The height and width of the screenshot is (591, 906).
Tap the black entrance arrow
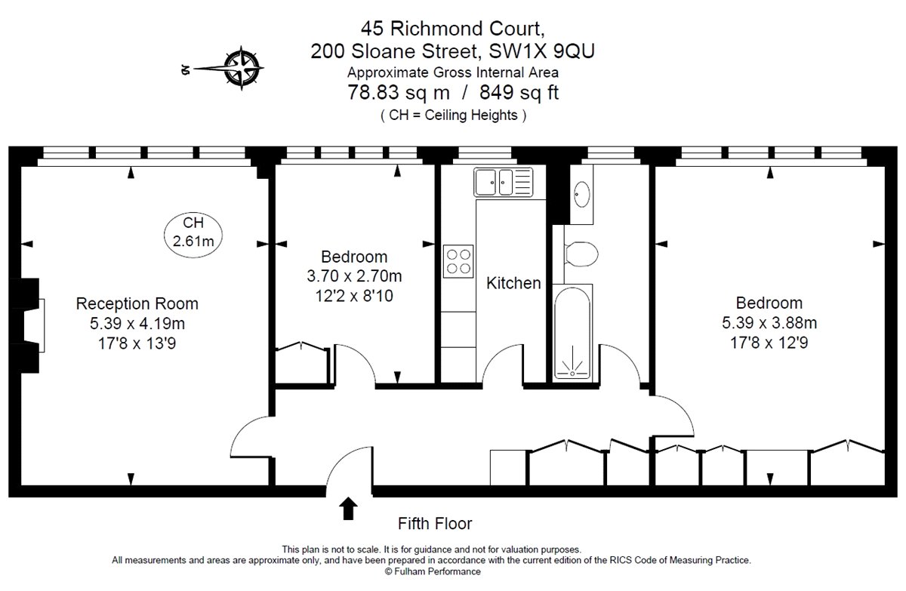point(348,509)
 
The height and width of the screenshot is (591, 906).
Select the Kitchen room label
point(513,284)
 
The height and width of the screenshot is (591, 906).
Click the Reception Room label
point(137,304)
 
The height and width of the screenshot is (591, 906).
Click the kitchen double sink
point(504,182)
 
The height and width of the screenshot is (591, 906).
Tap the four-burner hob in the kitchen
point(458,260)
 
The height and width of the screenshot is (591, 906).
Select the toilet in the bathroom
point(581,253)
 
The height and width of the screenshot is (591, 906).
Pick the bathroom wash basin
point(582,194)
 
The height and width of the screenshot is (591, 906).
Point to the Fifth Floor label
point(435,523)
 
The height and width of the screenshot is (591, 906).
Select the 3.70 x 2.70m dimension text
point(353,277)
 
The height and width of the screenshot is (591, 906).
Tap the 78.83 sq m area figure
point(398,94)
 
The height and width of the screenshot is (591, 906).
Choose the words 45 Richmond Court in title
point(452,29)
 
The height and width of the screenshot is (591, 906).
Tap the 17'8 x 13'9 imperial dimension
point(137,344)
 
